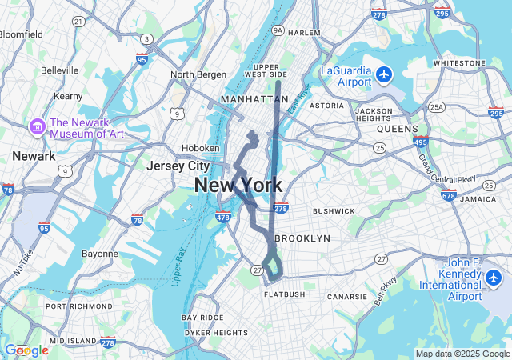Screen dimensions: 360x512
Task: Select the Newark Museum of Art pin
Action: point(37,126)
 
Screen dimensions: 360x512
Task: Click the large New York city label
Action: point(238,186)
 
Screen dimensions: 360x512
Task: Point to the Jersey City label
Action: point(178,166)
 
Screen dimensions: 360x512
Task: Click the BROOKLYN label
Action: point(302,238)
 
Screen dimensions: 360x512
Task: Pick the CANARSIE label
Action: point(347,297)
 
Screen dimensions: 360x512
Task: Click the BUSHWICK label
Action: point(333,211)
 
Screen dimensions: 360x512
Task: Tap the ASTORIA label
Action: point(326,106)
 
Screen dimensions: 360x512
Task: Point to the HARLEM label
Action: point(304,33)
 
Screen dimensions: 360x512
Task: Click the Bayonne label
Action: point(100,254)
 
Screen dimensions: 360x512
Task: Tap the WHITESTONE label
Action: point(459,62)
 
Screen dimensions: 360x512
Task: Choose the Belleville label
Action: point(59,70)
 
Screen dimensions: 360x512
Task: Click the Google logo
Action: point(26,350)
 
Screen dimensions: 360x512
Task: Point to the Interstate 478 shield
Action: point(223,216)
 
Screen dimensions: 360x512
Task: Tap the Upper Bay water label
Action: point(178,265)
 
